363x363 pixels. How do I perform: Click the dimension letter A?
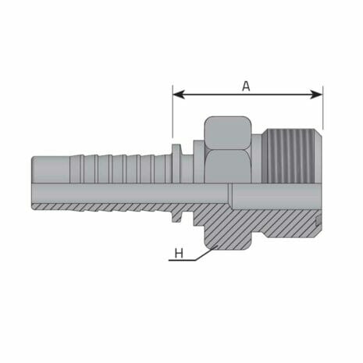pos(246,86)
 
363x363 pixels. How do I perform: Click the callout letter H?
pos(179,253)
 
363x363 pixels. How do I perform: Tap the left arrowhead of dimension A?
pos(177,94)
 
